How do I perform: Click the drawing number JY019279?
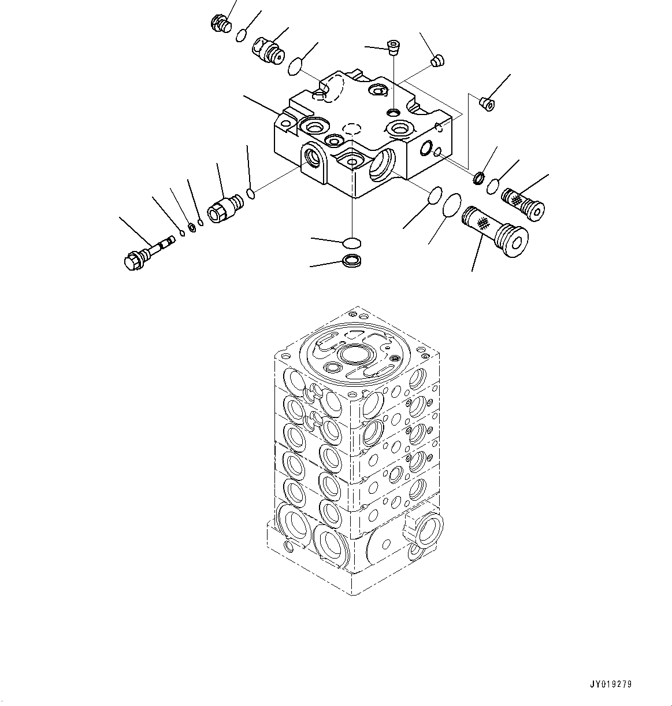(x=611, y=685)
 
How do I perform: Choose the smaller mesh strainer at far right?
(x=525, y=204)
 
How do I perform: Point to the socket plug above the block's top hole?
(x=393, y=46)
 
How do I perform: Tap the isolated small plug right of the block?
(x=488, y=104)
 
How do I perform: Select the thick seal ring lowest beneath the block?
(x=352, y=261)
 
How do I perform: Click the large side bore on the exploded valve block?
(x=381, y=165)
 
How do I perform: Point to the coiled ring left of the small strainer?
(x=479, y=177)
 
